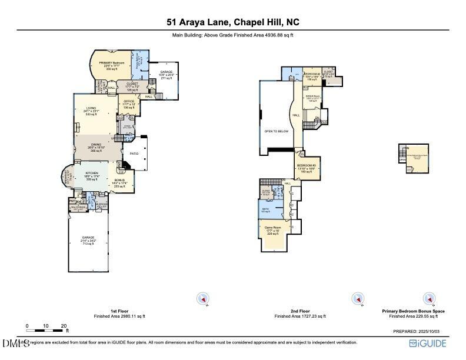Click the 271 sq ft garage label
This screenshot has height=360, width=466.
[x=166, y=75]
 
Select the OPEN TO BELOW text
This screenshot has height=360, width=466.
[x=276, y=131]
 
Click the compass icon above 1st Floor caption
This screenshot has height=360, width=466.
[x=203, y=299]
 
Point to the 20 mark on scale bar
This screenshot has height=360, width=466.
[x=64, y=325]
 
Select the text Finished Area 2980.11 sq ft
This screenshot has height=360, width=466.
[x=119, y=316]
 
